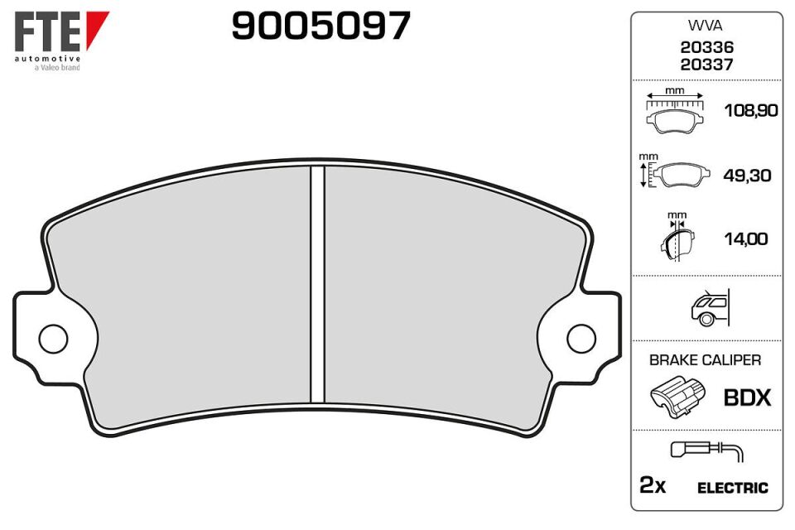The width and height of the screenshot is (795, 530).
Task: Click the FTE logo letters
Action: (47, 31)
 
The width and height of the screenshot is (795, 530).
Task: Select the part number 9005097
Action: (321, 26)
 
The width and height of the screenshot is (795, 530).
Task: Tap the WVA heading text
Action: (706, 26)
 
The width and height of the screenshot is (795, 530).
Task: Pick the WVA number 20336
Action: (706, 47)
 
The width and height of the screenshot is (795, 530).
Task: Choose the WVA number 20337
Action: (706, 65)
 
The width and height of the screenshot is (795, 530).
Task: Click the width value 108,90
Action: (751, 111)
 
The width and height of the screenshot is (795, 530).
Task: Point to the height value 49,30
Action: (747, 176)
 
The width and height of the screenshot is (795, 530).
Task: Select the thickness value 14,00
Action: (746, 238)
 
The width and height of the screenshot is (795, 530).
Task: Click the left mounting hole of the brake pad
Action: (53, 339)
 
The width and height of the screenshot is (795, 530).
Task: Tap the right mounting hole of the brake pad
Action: (581, 339)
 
